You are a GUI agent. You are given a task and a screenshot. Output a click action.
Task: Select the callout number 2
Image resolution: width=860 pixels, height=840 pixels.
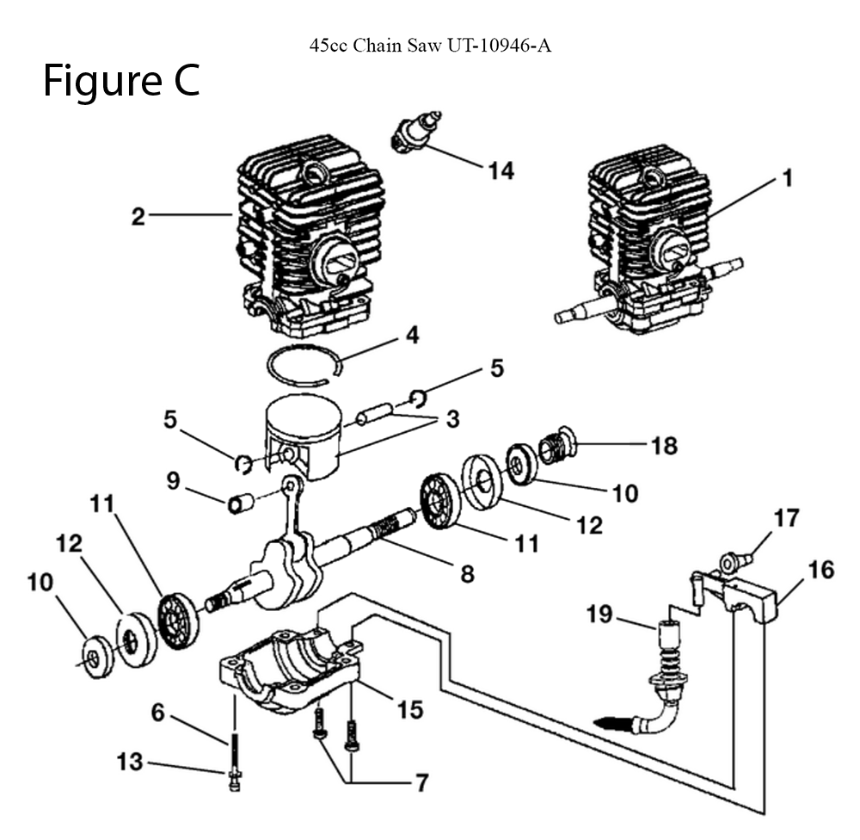click(x=138, y=217)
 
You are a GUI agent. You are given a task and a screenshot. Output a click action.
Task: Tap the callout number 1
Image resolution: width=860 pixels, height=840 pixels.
click(x=788, y=178)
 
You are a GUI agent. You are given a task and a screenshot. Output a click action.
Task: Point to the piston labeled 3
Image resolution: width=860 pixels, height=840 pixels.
click(x=303, y=436)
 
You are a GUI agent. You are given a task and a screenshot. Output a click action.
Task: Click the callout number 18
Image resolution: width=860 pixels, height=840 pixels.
click(x=664, y=446)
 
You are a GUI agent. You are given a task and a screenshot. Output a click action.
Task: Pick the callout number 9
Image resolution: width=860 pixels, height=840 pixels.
click(x=173, y=481)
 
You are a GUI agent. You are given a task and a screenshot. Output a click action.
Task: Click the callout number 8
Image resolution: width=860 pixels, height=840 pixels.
click(x=467, y=574)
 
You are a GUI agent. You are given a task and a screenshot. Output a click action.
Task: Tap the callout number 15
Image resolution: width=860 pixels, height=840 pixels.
click(x=409, y=709)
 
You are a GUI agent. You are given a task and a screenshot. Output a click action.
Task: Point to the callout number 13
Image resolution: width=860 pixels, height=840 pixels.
click(x=130, y=762)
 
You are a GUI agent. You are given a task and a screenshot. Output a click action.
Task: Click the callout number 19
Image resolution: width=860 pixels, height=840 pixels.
click(x=599, y=614)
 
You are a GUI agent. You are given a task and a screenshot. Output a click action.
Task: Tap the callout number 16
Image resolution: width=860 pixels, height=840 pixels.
click(x=821, y=570)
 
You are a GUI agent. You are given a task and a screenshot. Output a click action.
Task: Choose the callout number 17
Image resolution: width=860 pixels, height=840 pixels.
click(x=787, y=518)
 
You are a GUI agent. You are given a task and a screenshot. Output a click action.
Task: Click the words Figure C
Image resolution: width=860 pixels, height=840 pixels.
click(x=121, y=81)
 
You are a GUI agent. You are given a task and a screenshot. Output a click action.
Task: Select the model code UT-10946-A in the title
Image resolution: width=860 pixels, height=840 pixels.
click(x=499, y=45)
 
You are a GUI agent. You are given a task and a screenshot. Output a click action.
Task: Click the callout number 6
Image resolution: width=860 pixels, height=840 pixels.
click(x=157, y=713)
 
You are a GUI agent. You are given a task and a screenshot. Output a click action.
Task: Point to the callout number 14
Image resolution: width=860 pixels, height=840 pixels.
click(x=501, y=170)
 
